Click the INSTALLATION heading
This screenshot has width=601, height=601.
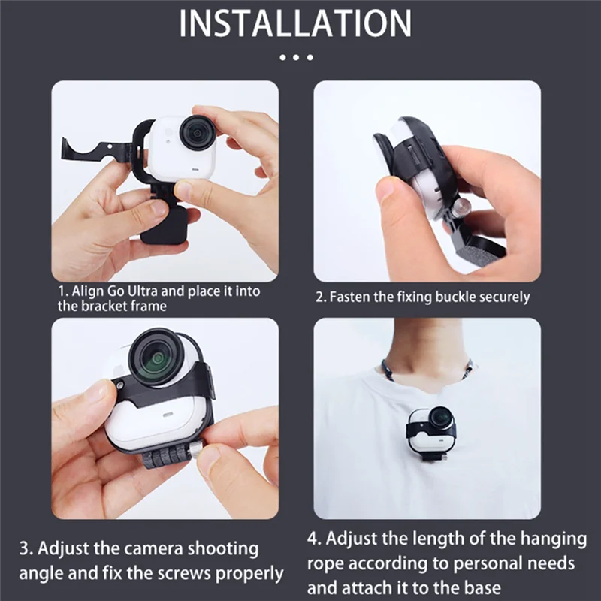point(295,24)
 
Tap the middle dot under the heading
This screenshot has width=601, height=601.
point(295,57)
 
